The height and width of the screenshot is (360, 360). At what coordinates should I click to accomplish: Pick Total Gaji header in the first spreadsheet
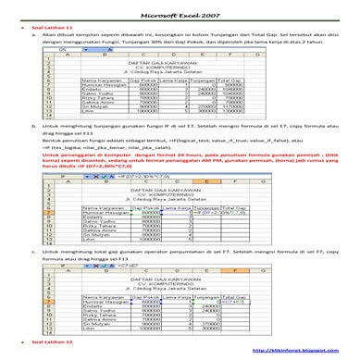231,81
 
